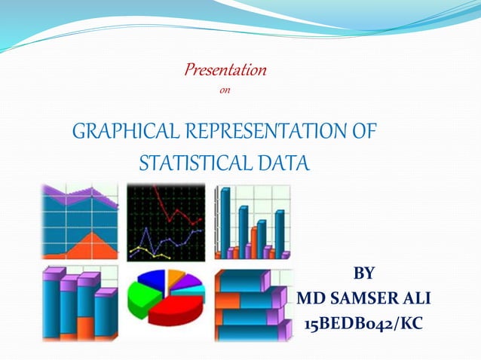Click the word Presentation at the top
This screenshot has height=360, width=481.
(x=225, y=71)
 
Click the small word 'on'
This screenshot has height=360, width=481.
(x=223, y=92)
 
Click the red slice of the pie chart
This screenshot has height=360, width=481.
(x=176, y=309)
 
